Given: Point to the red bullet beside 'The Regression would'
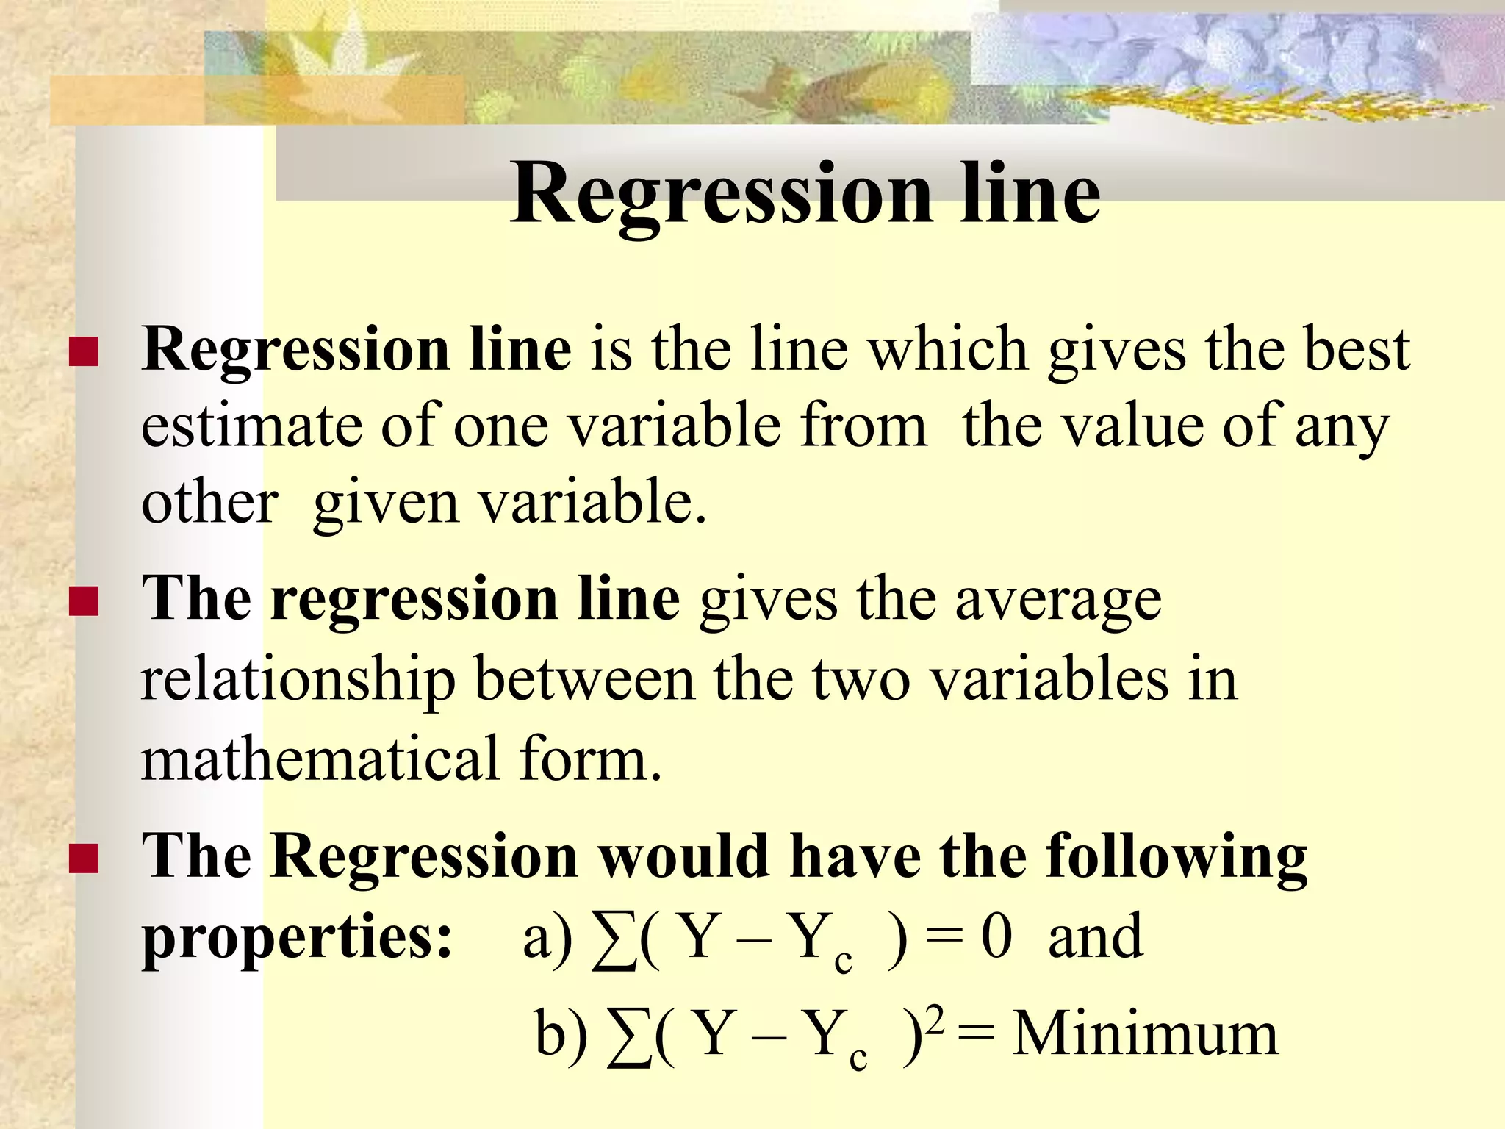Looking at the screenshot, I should click(x=83, y=858).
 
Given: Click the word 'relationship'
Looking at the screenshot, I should click(x=298, y=681).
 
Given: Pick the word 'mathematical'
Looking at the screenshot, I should click(x=320, y=759).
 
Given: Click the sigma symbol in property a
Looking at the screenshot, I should click(x=614, y=941).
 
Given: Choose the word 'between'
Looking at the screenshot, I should click(x=584, y=679).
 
